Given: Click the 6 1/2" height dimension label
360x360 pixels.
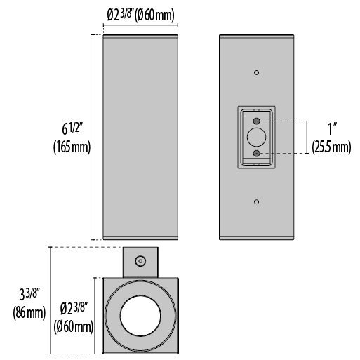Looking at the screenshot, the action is click(73, 128).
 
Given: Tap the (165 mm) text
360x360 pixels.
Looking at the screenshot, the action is click(72, 147).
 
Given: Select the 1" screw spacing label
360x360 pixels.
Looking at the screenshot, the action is click(331, 128).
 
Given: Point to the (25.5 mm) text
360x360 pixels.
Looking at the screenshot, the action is click(331, 147).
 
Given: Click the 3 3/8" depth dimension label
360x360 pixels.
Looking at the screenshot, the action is click(30, 294).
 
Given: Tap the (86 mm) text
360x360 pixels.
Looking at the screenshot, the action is click(29, 312).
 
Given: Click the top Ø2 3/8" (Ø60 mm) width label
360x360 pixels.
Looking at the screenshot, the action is click(141, 15).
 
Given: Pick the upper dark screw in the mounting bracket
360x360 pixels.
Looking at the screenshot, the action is click(257, 121).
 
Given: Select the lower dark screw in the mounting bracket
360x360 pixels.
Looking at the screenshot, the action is click(257, 154).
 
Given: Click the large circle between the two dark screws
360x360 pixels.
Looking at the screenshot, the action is click(257, 138).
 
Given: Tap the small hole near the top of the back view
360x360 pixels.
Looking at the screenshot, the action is click(257, 72).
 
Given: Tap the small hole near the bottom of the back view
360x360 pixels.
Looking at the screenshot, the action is click(257, 202).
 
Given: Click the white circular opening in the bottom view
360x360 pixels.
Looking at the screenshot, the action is click(140, 316).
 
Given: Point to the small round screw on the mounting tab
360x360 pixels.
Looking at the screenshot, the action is click(140, 261).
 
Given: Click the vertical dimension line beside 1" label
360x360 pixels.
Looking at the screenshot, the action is click(307, 138).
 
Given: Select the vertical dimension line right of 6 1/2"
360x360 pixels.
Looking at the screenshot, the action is click(93, 138).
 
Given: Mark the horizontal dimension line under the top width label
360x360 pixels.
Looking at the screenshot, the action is click(140, 25).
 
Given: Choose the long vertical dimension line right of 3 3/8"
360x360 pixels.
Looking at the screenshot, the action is click(51, 300).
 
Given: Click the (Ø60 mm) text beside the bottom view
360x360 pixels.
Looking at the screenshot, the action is click(74, 326).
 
